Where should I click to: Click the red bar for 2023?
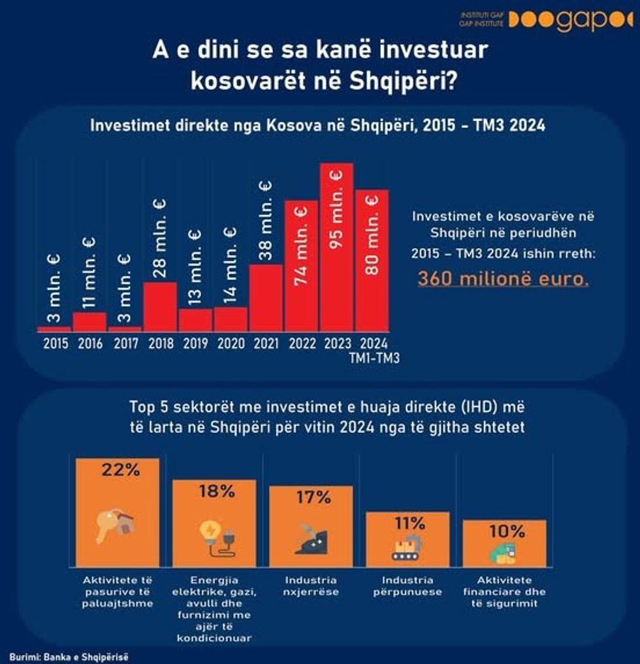(x=336, y=248)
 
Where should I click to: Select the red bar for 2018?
(x=160, y=307)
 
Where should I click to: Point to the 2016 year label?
(x=89, y=343)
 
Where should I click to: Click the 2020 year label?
(x=231, y=343)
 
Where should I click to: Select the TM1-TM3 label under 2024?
(x=372, y=358)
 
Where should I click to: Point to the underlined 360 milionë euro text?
(x=504, y=279)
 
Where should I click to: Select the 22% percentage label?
(x=118, y=469)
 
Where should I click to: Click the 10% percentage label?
(x=504, y=531)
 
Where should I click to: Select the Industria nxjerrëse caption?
(x=312, y=586)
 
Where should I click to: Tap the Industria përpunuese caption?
(x=408, y=586)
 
